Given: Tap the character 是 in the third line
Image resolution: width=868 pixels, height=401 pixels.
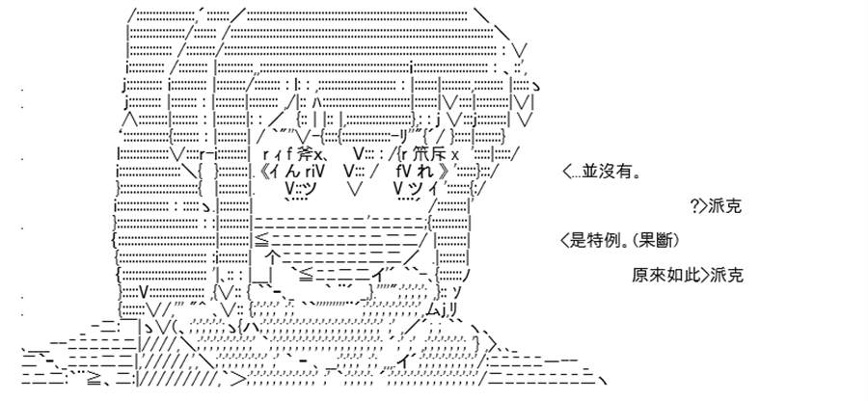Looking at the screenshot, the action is (x=577, y=241).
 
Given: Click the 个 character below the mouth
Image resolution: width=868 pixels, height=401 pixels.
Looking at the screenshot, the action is (x=274, y=257).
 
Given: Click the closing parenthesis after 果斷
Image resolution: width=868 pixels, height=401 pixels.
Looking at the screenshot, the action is (x=675, y=241).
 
